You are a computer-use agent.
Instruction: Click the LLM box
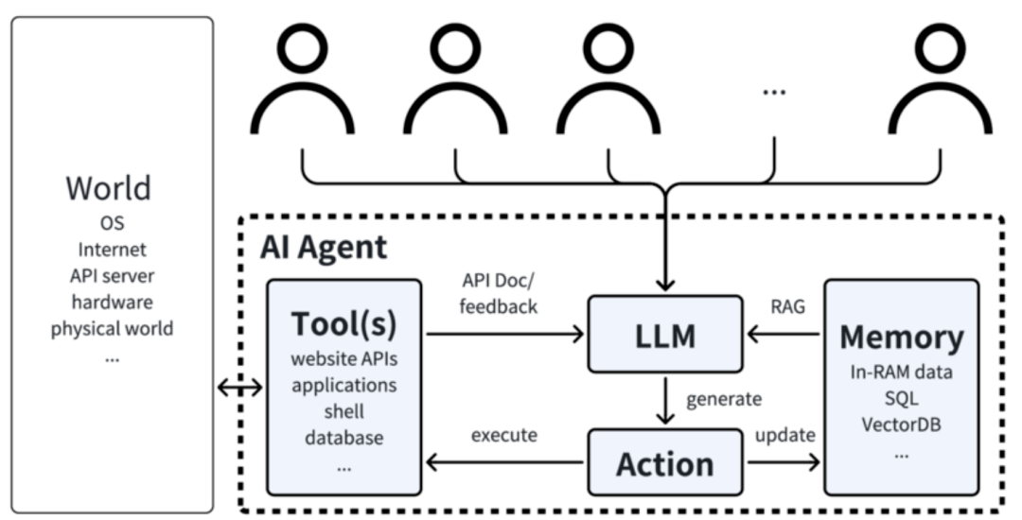(665, 334)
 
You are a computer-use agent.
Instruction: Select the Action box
(665, 463)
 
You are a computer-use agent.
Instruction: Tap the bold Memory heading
(901, 337)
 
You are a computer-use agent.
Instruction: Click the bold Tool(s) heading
(344, 324)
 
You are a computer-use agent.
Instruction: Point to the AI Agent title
(324, 247)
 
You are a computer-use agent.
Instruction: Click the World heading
(108, 187)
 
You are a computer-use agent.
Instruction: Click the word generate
(725, 399)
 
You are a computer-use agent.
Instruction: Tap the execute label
(504, 436)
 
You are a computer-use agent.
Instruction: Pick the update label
(784, 436)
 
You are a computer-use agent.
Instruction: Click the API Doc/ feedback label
(500, 293)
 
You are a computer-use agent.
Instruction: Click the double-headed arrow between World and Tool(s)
(240, 387)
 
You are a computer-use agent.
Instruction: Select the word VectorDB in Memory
(901, 424)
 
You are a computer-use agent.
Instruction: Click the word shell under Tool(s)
(344, 412)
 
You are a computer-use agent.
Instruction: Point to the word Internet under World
(112, 250)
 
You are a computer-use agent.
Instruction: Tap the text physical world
(112, 329)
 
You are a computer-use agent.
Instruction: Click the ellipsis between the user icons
(774, 92)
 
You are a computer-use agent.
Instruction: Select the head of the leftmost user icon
(302, 47)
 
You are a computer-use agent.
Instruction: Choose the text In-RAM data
(901, 372)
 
